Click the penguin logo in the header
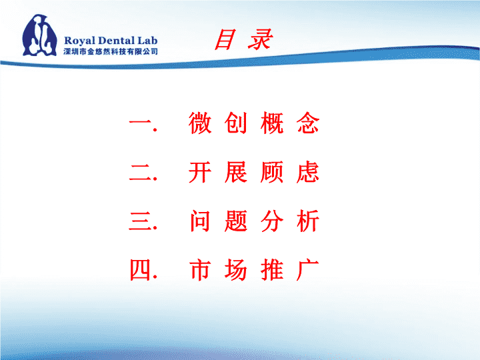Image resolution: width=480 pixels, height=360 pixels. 40,35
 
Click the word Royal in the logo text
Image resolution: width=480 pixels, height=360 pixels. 79,41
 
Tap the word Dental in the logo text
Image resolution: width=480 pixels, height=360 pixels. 116,40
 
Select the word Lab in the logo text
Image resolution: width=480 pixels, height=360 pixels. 147,40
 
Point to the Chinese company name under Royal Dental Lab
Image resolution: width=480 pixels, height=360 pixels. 111,51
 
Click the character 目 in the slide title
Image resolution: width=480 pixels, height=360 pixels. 225,39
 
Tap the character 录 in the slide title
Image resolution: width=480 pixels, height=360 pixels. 260,39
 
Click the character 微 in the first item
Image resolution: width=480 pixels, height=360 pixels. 200,123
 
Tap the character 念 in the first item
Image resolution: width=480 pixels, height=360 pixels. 308,123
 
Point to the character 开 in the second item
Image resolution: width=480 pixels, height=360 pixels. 200,172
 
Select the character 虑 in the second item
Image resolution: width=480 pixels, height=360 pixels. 308,172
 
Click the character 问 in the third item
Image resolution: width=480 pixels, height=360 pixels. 200,221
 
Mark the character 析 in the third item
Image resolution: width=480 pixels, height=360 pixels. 308,221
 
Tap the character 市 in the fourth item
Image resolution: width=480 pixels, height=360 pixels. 200,270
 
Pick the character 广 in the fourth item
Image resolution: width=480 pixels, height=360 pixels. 308,270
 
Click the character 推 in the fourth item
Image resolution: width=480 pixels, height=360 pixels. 272,270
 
